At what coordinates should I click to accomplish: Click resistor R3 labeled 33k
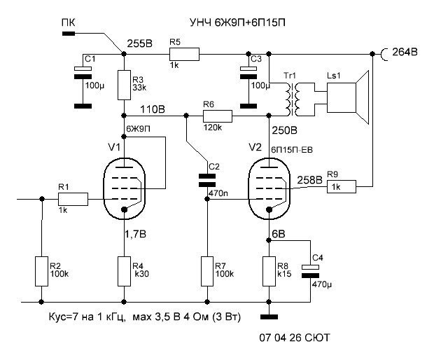(123, 85)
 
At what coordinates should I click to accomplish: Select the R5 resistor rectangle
(184, 53)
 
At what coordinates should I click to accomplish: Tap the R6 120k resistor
(218, 116)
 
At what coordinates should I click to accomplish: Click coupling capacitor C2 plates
(208, 179)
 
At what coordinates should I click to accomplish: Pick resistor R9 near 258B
(342, 186)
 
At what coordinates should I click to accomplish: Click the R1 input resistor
(73, 199)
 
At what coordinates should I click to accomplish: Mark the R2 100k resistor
(41, 271)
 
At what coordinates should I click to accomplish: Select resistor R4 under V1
(124, 271)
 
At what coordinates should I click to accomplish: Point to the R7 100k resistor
(207, 271)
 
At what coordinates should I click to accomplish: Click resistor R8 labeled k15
(269, 271)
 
